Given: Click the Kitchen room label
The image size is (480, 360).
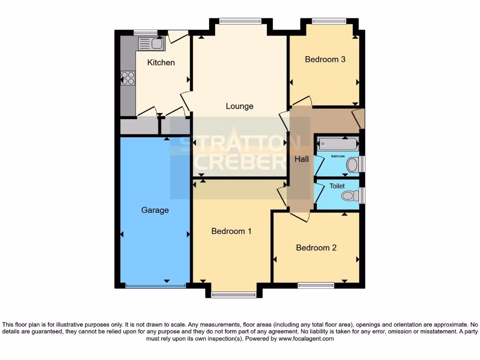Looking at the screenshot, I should pyautogui.click(x=161, y=62).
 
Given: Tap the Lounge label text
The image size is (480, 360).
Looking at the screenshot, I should pyautogui.click(x=240, y=106).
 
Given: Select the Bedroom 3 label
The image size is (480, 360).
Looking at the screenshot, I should pyautogui.click(x=325, y=59).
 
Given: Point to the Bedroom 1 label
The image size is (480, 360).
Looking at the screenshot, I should pyautogui.click(x=231, y=231).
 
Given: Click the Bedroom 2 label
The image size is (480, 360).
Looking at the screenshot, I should pyautogui.click(x=316, y=247).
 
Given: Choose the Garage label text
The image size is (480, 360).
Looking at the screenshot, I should pyautogui.click(x=155, y=210).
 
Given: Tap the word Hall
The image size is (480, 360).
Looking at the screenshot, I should pyautogui.click(x=301, y=159).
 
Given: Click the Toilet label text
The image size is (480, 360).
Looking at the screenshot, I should pyautogui.click(x=337, y=186).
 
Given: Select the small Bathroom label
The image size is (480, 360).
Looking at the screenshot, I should pyautogui.click(x=338, y=156).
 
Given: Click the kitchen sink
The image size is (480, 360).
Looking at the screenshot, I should pyautogui.click(x=151, y=44).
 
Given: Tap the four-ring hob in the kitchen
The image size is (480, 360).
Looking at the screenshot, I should pyautogui.click(x=127, y=78).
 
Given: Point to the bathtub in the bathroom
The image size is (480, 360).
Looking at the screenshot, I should pyautogui.click(x=338, y=144).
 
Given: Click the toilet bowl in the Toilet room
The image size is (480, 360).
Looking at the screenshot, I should pyautogui.click(x=349, y=195).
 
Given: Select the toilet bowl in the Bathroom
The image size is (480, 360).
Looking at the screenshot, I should pyautogui.click(x=352, y=165).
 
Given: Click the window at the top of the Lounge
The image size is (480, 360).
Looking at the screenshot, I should pyautogui.click(x=240, y=21).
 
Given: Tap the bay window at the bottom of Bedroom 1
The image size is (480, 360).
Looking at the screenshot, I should pyautogui.click(x=233, y=295).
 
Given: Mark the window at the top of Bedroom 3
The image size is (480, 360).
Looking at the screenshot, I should pyautogui.click(x=329, y=21).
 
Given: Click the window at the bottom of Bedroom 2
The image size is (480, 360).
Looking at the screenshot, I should pyautogui.click(x=315, y=285).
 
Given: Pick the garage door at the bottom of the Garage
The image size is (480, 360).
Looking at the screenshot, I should pyautogui.click(x=155, y=285).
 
